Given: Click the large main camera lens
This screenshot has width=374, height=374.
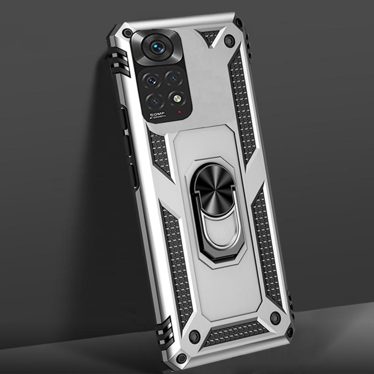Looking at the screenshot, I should coord(155,47).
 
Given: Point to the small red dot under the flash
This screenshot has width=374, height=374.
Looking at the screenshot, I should coord(180,112).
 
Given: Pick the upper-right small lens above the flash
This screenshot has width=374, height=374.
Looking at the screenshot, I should coord(173,77).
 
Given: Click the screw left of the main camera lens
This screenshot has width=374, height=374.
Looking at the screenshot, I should coord(127,33).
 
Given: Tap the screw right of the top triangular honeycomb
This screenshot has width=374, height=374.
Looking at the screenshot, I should coord(228,41).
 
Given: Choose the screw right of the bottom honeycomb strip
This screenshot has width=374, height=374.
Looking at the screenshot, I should coord(275,318).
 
